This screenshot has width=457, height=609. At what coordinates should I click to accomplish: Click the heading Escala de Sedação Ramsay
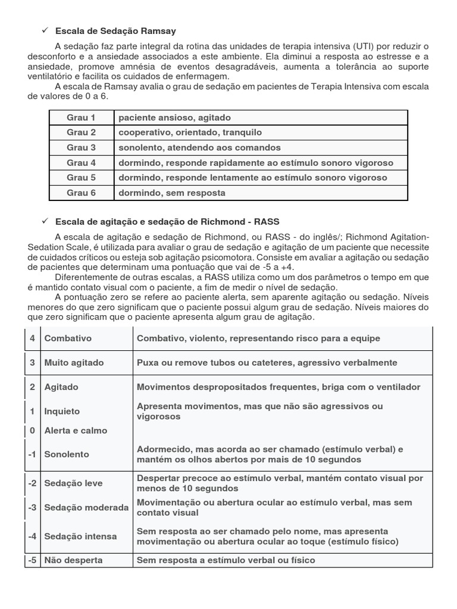(115, 31)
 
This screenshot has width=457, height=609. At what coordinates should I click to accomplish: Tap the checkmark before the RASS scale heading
(44, 221)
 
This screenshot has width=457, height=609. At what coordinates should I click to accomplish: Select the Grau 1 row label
(81, 117)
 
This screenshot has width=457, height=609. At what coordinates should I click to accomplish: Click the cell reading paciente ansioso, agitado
(174, 117)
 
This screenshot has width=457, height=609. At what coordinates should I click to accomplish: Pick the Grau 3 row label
(81, 147)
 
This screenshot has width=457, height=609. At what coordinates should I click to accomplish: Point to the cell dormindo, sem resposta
(172, 193)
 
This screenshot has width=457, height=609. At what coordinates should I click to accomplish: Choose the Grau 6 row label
(81, 193)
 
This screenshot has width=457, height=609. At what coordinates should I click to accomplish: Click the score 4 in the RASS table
(32, 338)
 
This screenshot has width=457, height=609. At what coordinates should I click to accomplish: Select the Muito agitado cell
(74, 362)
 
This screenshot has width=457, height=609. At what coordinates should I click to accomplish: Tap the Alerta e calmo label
(76, 430)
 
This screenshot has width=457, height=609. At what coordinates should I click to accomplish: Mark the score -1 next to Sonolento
(32, 454)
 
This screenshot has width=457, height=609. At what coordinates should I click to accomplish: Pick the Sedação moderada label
(86, 507)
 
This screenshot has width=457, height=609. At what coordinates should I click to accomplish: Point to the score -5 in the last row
(32, 560)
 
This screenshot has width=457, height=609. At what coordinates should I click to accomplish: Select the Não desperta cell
(73, 560)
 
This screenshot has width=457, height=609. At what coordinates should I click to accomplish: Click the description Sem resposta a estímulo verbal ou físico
(226, 560)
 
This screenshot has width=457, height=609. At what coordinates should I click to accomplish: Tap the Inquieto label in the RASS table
(62, 411)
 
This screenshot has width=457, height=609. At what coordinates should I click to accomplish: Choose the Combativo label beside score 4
(68, 338)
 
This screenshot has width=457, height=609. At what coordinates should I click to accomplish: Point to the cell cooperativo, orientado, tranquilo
(190, 132)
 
